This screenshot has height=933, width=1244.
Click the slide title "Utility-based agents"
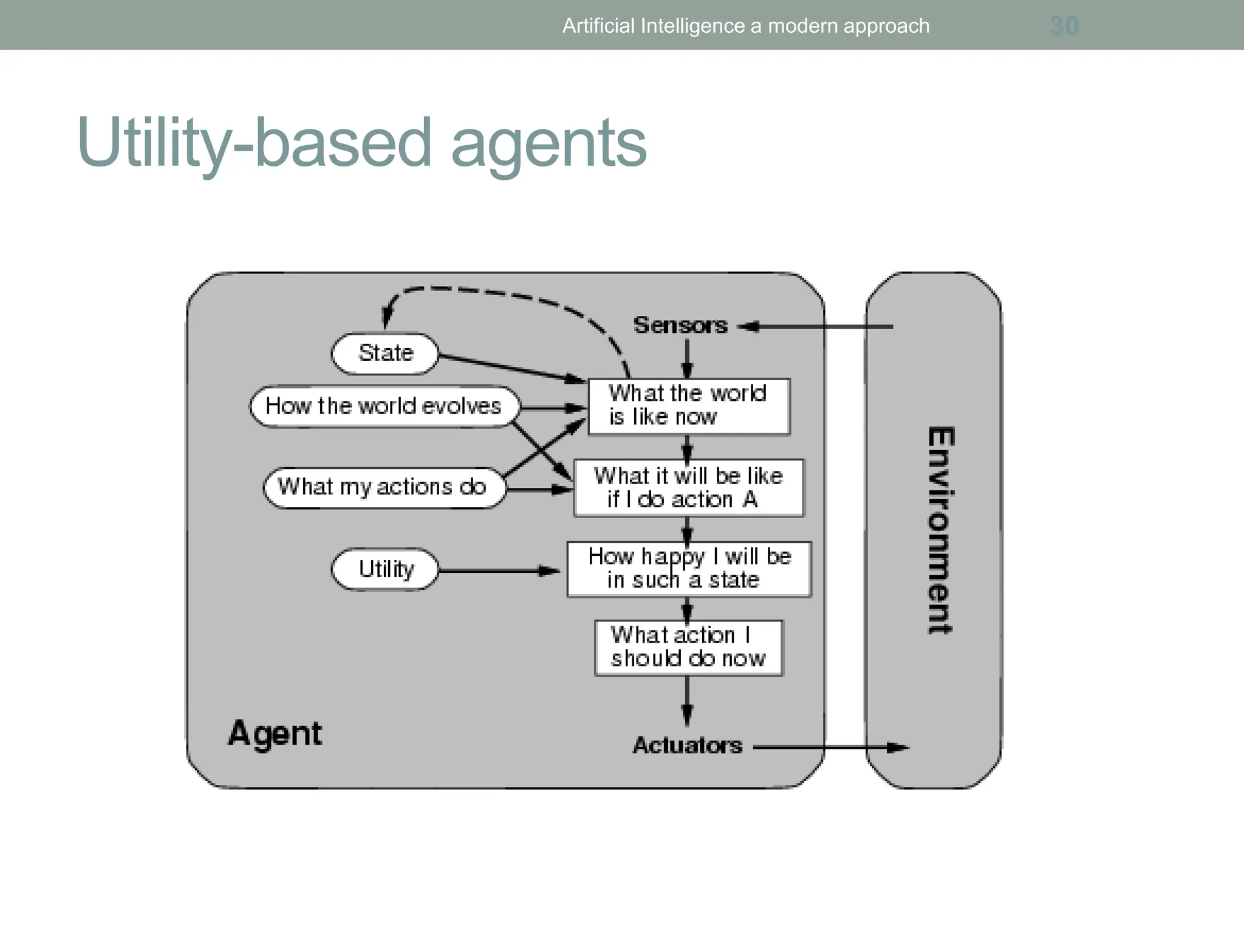(x=362, y=143)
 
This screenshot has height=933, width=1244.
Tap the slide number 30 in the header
(x=1064, y=26)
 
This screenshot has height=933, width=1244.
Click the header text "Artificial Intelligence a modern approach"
(x=745, y=26)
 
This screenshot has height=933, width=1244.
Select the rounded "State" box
(x=384, y=354)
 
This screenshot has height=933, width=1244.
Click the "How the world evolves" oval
(x=384, y=406)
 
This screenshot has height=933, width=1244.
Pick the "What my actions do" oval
(x=383, y=487)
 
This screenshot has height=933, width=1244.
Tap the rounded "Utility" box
(x=384, y=570)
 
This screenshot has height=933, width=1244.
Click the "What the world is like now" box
(x=689, y=406)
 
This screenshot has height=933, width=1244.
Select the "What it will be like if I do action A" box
(x=688, y=488)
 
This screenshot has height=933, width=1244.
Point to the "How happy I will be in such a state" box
(x=689, y=569)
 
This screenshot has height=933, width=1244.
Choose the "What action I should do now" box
(x=688, y=648)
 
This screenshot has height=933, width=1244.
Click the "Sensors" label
(x=680, y=326)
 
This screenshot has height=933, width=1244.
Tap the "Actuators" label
(x=687, y=745)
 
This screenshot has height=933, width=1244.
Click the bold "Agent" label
(x=275, y=734)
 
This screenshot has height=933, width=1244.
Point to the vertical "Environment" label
(x=940, y=531)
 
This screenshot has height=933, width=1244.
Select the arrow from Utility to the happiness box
(x=498, y=571)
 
